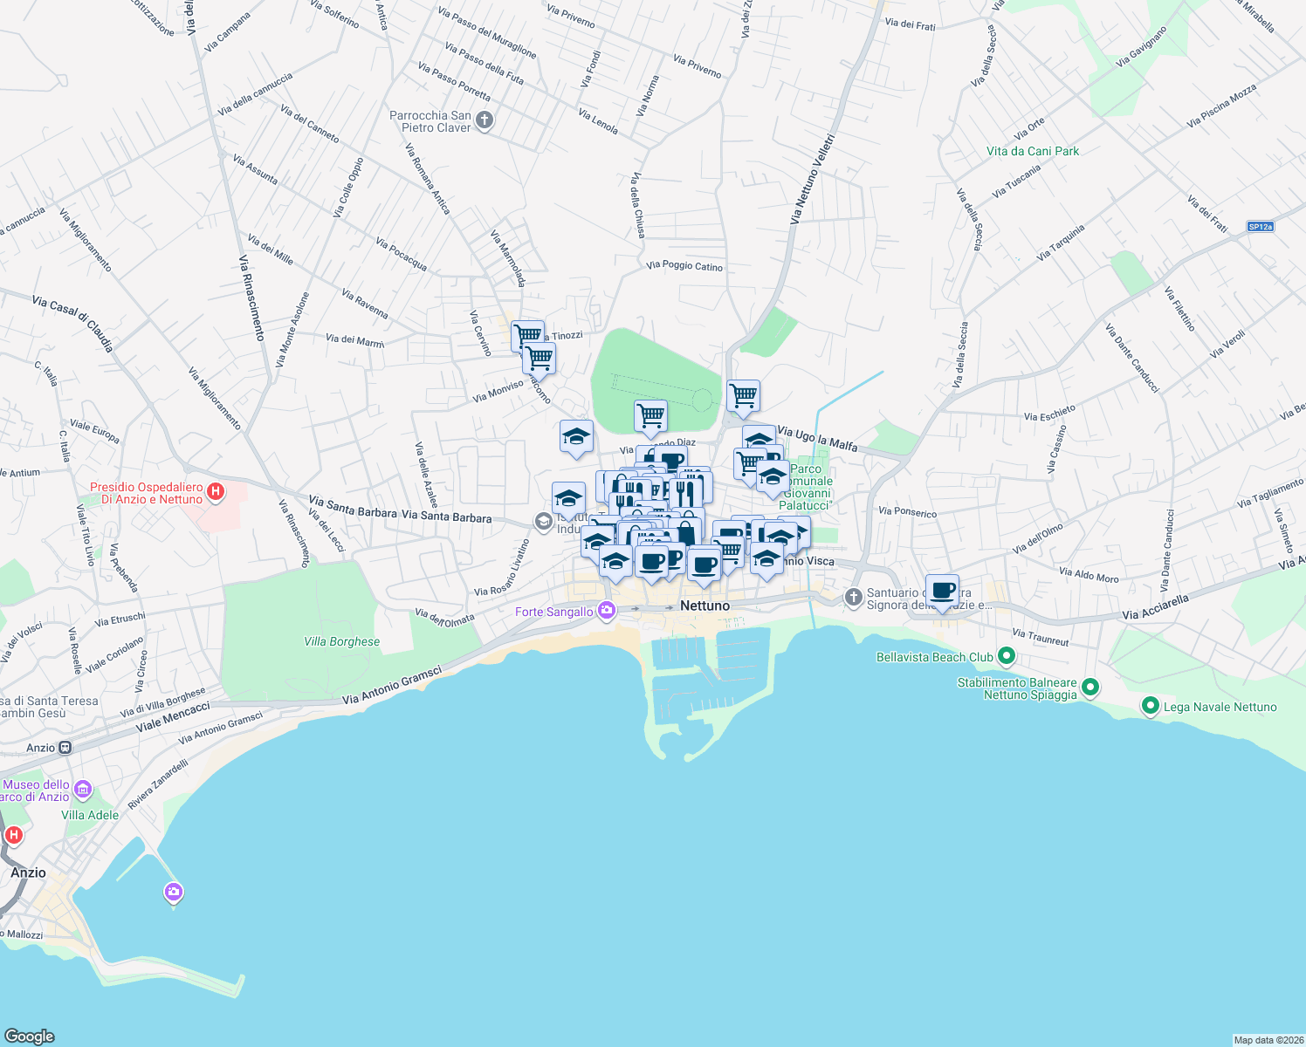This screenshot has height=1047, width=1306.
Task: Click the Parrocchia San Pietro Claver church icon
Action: pyautogui.click(x=485, y=121)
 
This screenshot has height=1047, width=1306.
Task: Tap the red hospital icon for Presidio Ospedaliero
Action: pyautogui.click(x=215, y=493)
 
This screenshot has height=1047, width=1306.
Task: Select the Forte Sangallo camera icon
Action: pyautogui.click(x=606, y=611)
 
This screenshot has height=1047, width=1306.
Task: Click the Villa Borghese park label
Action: pyautogui.click(x=341, y=641)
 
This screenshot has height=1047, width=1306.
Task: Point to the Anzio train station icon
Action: pyautogui.click(x=65, y=748)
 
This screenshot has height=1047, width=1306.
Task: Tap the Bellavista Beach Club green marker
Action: pyautogui.click(x=1006, y=656)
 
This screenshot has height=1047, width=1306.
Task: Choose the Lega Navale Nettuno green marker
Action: pyautogui.click(x=1151, y=706)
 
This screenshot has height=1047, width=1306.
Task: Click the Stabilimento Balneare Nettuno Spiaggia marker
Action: pyautogui.click(x=1089, y=688)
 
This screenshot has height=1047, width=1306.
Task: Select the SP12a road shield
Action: pyautogui.click(x=1260, y=227)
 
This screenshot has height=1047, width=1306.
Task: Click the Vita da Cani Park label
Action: pyautogui.click(x=1033, y=151)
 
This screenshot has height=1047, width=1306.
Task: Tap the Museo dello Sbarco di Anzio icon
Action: pyautogui.click(x=83, y=790)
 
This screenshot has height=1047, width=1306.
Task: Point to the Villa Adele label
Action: pyautogui.click(x=90, y=815)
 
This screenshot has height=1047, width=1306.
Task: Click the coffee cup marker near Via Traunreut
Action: pyautogui.click(x=942, y=591)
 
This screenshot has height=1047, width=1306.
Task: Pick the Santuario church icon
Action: pyautogui.click(x=853, y=598)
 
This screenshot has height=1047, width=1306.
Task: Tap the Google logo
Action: pyautogui.click(x=29, y=1036)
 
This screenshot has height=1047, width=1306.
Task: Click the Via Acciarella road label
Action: pyautogui.click(x=1155, y=607)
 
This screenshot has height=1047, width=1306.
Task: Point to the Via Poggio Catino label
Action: pyautogui.click(x=684, y=265)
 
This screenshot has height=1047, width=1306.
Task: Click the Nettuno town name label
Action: pyautogui.click(x=705, y=606)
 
